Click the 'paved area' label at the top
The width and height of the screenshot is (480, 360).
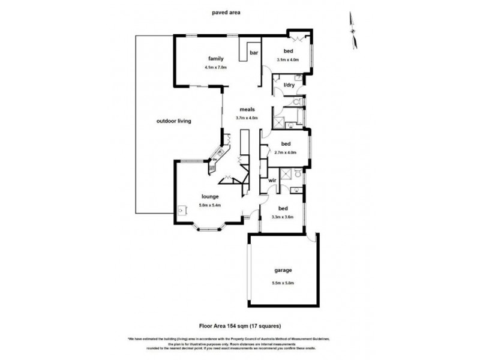227,11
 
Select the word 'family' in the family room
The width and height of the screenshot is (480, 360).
216,59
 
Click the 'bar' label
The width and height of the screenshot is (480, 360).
254,53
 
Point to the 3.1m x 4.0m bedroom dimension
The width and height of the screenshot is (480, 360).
288,60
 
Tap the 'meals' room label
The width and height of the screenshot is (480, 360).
248,110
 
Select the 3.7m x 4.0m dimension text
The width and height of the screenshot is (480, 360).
247,118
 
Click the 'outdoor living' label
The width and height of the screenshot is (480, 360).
173,121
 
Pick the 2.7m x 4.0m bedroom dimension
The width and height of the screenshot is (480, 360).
286,152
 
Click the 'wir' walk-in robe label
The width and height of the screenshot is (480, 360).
272,179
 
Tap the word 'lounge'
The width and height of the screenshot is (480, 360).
209,196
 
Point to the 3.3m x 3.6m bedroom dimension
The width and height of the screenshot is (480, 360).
282,217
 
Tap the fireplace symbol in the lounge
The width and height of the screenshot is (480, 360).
181,211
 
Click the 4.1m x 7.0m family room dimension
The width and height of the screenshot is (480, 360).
215,67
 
